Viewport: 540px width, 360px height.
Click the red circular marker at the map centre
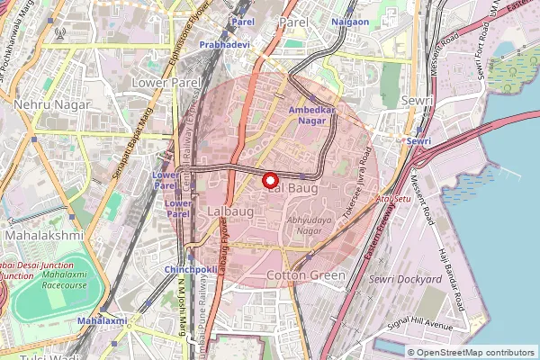click(270, 180)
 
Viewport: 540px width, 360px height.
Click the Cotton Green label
click(307, 274)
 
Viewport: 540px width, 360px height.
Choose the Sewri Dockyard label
click(405, 279)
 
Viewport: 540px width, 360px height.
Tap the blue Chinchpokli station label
click(189, 269)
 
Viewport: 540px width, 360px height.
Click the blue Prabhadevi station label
click(225, 43)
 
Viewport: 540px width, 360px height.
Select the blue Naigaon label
click(349, 22)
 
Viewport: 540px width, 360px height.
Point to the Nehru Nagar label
click(51, 104)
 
